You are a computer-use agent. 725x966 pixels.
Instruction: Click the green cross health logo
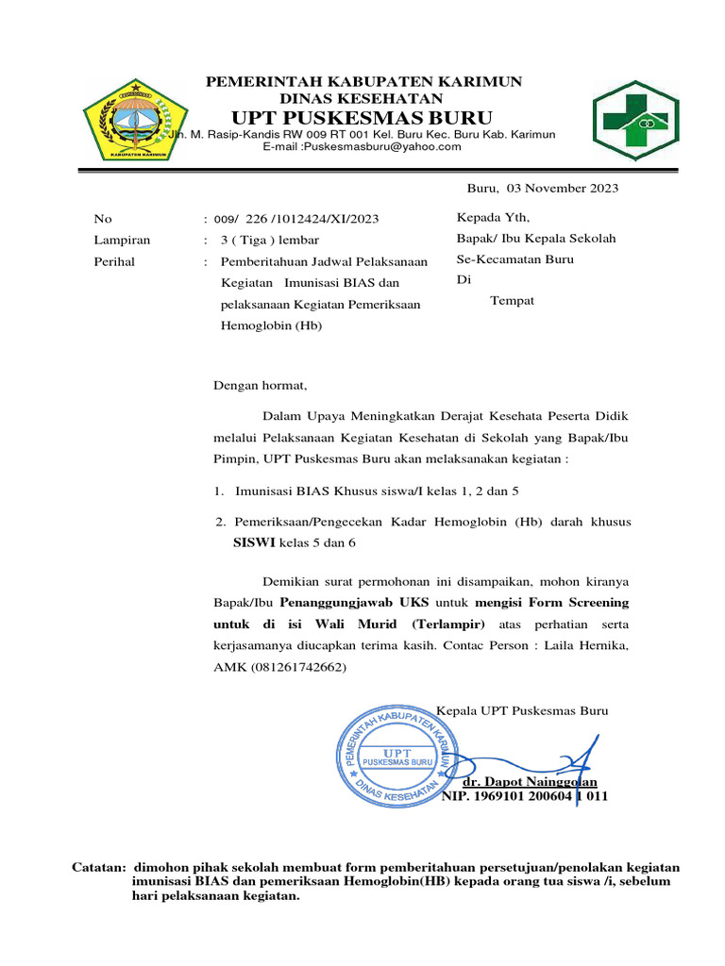634,122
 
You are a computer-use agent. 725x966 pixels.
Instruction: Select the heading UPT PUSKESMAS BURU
362,118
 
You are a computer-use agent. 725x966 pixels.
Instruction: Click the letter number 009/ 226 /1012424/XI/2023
298,219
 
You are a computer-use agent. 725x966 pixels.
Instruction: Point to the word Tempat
513,300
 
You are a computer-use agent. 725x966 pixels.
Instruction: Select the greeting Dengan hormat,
261,385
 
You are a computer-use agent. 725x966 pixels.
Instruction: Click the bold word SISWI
254,542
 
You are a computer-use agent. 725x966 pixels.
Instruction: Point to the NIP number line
525,796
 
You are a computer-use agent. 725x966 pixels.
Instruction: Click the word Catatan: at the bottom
99,867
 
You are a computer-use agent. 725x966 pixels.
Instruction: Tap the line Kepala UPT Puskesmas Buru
522,710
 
